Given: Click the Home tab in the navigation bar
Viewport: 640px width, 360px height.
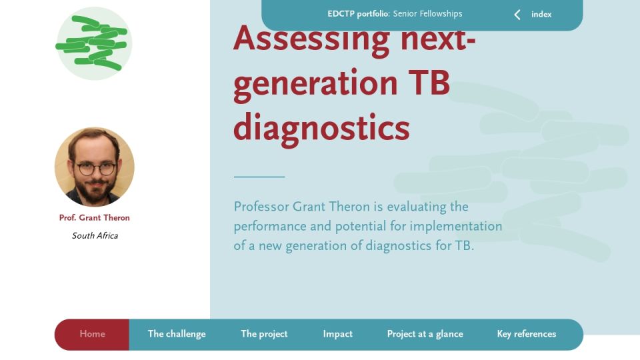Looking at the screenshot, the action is point(92,334).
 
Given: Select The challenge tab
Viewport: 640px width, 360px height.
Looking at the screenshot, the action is point(177,334).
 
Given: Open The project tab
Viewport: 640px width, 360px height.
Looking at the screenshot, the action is point(264,334).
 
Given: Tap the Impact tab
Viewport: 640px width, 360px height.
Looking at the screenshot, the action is point(337,334).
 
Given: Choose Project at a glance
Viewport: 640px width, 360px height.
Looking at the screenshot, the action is point(425,334).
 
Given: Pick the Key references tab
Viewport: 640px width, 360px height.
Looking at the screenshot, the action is point(527,334).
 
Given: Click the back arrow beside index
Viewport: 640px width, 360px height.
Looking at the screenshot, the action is point(517,15).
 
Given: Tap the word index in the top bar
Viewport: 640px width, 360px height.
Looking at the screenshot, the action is point(541,14).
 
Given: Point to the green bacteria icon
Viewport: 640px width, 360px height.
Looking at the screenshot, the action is point(94,43).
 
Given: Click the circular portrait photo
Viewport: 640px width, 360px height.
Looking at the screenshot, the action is point(94,167).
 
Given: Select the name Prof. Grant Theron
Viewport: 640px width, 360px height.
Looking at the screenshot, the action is point(94,218).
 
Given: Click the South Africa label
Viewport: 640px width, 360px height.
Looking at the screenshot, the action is point(95,236).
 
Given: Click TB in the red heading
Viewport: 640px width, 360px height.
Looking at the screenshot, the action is point(429,83).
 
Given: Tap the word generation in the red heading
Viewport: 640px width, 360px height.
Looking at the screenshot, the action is point(315,85).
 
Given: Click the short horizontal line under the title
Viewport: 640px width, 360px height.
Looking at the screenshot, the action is point(259,177).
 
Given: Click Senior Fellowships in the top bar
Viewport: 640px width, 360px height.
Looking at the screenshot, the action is point(428,14).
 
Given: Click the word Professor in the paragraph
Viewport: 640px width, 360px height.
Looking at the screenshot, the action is point(261,207).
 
